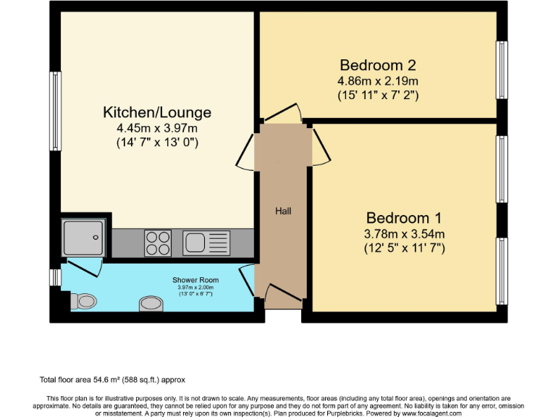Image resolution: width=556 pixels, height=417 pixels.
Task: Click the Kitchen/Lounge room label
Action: [x=157, y=112]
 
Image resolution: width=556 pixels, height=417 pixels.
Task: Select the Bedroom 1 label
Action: [x=403, y=218]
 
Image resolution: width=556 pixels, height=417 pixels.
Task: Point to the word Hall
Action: [x=282, y=211]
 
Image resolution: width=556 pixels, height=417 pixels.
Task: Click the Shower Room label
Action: [x=195, y=280]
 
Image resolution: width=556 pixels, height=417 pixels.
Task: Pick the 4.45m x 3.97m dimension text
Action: [x=157, y=128]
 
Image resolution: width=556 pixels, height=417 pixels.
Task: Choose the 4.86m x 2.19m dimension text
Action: [x=378, y=80]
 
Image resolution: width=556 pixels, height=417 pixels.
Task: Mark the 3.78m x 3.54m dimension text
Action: [x=404, y=233]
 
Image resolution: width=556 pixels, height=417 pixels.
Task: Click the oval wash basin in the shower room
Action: [x=151, y=302]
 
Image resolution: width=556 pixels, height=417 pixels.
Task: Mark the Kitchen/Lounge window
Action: [x=54, y=101]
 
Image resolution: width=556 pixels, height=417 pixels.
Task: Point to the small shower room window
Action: [x=55, y=277]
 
